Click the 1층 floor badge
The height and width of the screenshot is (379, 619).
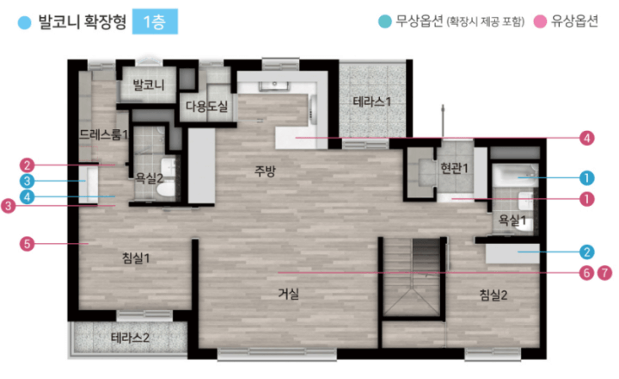point(155,22)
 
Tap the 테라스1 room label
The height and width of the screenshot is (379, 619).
point(372,102)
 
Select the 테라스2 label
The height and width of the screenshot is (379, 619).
point(130,338)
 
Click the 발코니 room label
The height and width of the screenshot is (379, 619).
point(149,84)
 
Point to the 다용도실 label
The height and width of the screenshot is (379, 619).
point(206,106)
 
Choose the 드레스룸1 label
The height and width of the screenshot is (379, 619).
point(103,134)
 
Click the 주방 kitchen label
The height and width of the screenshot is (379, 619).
point(265,171)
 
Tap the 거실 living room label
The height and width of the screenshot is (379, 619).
point(289,294)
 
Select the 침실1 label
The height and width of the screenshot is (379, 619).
point(136,258)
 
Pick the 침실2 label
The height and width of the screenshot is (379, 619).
point(493,295)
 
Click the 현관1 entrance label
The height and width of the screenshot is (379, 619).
point(454,168)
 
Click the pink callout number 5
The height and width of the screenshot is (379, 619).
point(27,244)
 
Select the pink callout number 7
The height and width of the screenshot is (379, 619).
point(604,272)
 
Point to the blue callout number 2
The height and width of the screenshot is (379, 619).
point(586,252)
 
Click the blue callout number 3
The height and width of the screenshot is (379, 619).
point(27,181)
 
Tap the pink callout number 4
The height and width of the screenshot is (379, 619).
point(586,138)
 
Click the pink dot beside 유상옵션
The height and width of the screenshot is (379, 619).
point(540,22)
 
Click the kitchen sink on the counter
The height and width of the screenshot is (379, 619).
point(273,85)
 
